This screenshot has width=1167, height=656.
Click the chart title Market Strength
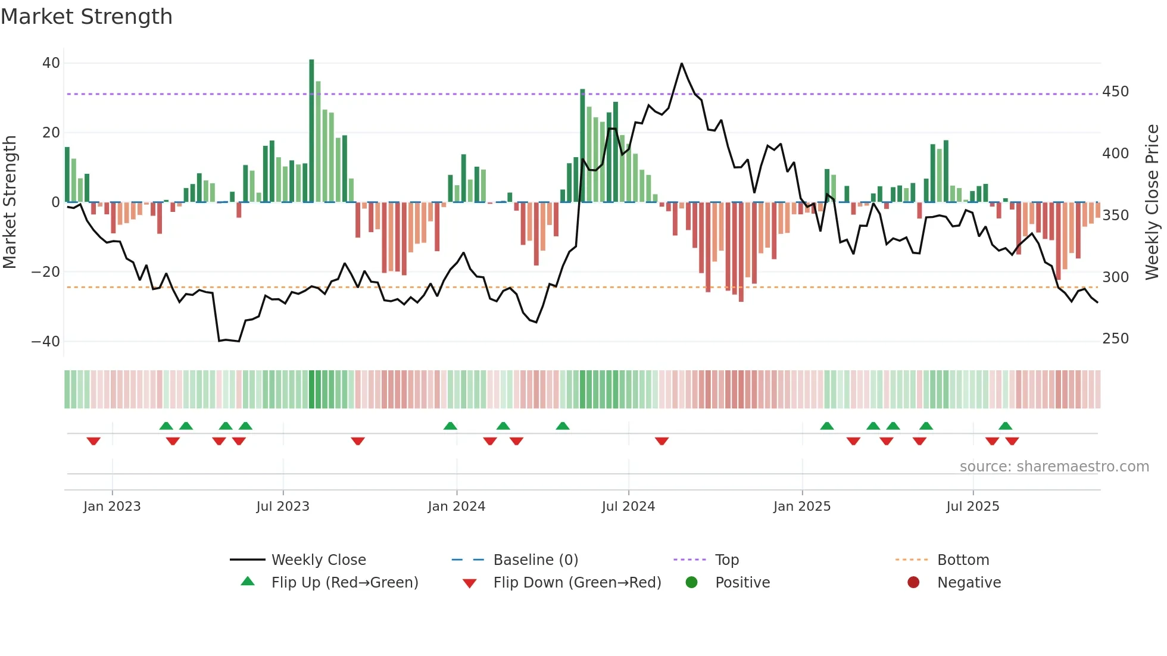(86, 17)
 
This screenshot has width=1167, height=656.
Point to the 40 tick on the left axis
(51, 63)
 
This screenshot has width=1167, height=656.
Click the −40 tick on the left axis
(46, 342)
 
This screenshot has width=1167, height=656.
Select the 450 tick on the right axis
(1115, 92)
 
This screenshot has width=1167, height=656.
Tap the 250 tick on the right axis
(1115, 339)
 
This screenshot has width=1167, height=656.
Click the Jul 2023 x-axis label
(283, 507)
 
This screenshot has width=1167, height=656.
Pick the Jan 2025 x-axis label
(801, 507)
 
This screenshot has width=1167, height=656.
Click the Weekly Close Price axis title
(1152, 202)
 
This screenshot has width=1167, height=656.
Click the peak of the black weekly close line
(682, 64)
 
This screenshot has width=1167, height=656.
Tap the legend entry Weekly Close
(319, 560)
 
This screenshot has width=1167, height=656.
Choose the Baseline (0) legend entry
(535, 560)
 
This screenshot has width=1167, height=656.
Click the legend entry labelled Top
(726, 560)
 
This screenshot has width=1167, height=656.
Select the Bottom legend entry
(963, 560)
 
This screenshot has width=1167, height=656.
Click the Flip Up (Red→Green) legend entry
(344, 583)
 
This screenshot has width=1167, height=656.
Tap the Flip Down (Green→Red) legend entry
(576, 583)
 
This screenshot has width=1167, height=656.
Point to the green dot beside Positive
(691, 583)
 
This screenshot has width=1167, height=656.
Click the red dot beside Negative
(913, 583)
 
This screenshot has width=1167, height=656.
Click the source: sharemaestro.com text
(1054, 467)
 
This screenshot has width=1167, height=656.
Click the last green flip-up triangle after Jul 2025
(1005, 426)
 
